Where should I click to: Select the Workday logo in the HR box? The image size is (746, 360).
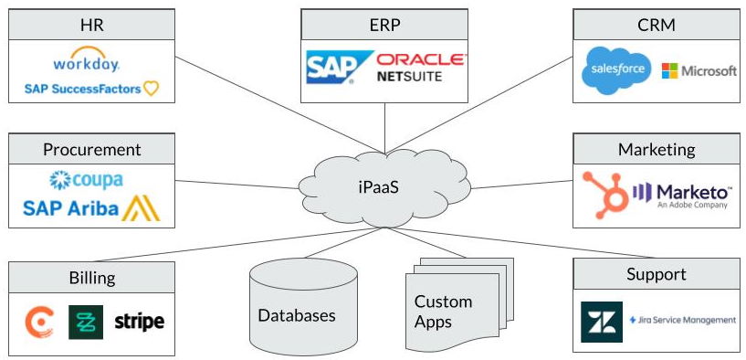[87, 64]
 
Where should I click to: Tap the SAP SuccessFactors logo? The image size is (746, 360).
[91, 89]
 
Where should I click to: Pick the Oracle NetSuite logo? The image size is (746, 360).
[421, 69]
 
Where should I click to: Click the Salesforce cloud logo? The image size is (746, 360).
[616, 70]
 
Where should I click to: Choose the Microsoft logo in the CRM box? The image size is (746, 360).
[699, 70]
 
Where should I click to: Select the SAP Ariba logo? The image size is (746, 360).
[91, 208]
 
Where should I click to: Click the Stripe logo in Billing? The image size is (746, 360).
[139, 322]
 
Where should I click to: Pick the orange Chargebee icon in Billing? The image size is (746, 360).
[39, 322]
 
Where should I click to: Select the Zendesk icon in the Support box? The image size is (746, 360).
[601, 322]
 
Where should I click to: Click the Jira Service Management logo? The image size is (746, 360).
[682, 321]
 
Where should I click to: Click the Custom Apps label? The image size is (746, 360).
[443, 311]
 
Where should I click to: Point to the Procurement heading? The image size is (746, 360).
[91, 149]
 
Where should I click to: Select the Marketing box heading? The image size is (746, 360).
[656, 149]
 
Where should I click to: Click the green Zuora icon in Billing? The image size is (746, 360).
[86, 322]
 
